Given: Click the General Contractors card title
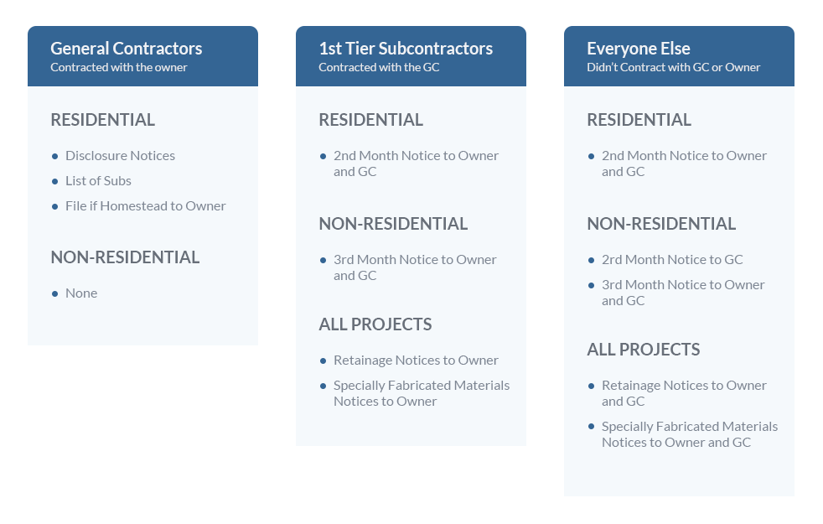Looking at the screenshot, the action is [126, 49].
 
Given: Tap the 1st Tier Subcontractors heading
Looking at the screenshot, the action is [406, 49].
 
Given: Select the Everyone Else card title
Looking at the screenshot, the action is [639, 49].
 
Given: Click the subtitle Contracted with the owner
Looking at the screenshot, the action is [119, 67].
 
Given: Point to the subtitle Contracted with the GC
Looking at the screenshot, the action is [379, 67].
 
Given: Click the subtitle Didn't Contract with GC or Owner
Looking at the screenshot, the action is [674, 67].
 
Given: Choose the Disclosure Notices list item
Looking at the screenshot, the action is [120, 155].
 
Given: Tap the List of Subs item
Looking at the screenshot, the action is [98, 180].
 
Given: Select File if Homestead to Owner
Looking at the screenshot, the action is [145, 205].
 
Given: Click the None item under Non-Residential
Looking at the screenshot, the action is [81, 293].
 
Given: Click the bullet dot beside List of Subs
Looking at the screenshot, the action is [54, 182].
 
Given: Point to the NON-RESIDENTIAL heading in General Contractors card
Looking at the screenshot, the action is [125, 257].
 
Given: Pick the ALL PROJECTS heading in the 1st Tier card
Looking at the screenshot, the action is [375, 324].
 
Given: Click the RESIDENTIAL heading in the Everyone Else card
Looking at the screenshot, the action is [639, 120].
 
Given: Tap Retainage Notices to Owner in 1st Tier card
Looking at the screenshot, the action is [416, 361].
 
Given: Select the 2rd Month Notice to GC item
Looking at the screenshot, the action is [672, 259].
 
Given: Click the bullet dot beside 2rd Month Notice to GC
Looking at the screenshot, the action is [591, 261].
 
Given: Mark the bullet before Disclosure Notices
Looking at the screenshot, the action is [54, 157].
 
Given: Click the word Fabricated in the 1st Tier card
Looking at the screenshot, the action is [419, 386].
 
